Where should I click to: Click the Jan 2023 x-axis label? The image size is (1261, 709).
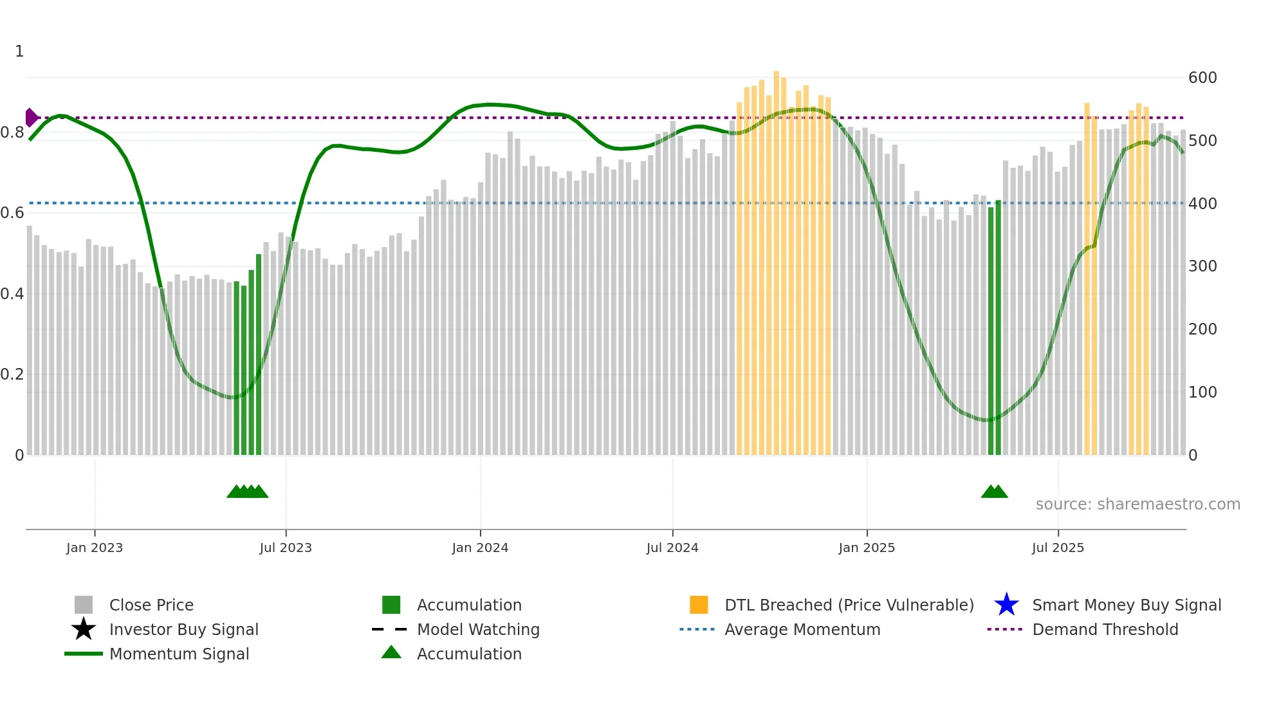(x=94, y=548)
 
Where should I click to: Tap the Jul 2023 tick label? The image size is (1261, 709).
(x=286, y=548)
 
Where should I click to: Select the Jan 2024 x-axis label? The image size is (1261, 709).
(x=480, y=548)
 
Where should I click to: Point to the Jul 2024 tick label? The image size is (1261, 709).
(x=672, y=548)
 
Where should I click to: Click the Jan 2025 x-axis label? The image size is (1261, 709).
(x=867, y=548)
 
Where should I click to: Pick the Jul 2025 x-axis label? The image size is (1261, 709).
(x=1058, y=548)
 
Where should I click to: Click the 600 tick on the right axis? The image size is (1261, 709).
(x=1202, y=78)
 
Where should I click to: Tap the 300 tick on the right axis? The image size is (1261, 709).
(x=1202, y=266)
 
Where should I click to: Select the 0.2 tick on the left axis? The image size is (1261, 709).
(x=12, y=374)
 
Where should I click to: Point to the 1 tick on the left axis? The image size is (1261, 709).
(x=19, y=51)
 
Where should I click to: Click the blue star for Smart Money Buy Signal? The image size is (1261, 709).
(x=1006, y=605)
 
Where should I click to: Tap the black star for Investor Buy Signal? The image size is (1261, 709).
(x=84, y=629)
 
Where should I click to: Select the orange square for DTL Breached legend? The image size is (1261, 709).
(x=699, y=605)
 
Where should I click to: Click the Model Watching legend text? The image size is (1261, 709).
(x=478, y=629)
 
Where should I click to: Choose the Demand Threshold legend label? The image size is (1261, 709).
(x=1105, y=629)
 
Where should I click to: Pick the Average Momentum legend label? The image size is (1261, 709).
(x=802, y=629)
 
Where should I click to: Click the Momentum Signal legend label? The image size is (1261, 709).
(x=179, y=654)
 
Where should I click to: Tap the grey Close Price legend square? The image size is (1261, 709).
(x=84, y=605)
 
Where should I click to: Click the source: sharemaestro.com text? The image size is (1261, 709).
(x=1137, y=504)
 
